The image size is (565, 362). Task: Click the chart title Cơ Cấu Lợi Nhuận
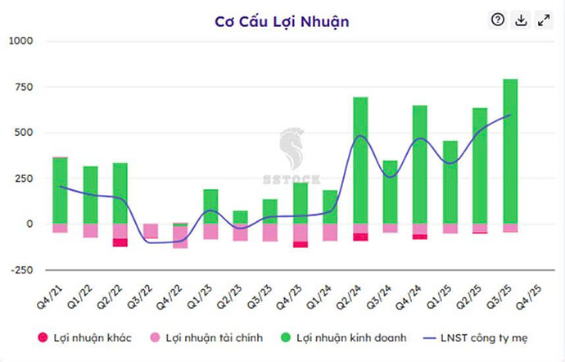point(282,21)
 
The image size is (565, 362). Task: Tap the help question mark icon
point(497,20)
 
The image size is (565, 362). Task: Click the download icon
point(520,20)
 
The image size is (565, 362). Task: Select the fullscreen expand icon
point(543,20)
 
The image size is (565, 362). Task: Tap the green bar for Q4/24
point(419,164)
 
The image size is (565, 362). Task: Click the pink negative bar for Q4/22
point(179,237)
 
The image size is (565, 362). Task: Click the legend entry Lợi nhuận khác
point(79,337)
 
